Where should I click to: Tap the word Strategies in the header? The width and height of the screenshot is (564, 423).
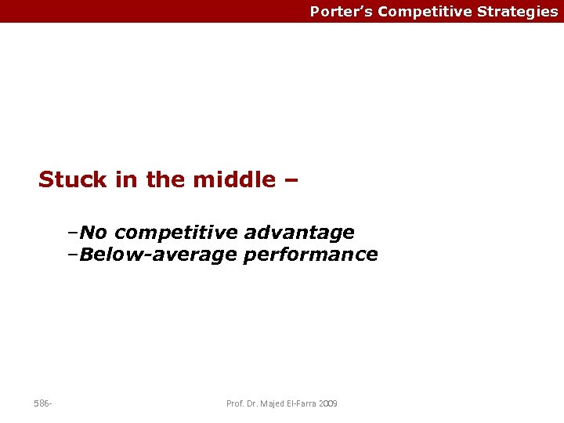click(518, 12)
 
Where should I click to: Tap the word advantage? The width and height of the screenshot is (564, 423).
click(299, 233)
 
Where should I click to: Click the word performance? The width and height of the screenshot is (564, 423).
click(311, 255)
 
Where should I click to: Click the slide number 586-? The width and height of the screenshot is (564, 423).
click(43, 403)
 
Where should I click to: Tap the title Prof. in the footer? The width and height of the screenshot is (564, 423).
click(235, 403)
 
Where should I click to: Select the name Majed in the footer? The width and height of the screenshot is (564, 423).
click(273, 403)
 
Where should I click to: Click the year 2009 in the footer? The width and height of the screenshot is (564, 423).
click(329, 403)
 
